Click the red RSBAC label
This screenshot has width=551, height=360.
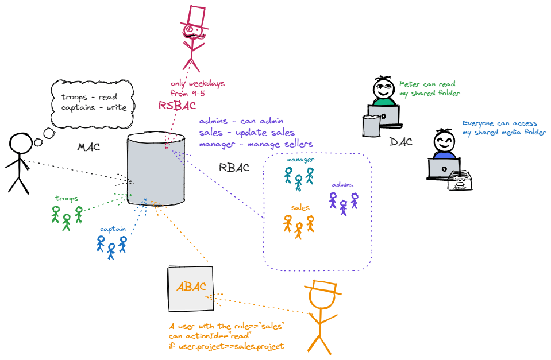point(177,106)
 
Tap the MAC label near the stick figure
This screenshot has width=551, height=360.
point(88,148)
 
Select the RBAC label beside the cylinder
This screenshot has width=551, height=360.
point(234,168)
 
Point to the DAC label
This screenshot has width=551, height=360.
point(401,142)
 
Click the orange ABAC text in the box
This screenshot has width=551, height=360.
point(191,287)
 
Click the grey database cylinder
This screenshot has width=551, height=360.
point(156,170)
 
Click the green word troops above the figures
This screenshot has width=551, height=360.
point(67,199)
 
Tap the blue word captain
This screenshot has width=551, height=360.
point(113,229)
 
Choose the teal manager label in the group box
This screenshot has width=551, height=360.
point(300,160)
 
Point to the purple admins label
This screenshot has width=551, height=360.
point(342,185)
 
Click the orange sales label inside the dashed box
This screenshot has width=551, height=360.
point(300,207)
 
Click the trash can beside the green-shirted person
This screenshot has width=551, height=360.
point(371,125)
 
